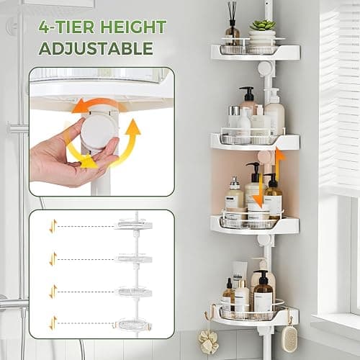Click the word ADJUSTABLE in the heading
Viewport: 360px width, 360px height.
96,48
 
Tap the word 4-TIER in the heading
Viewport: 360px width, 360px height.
66,27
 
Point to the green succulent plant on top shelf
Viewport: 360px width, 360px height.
263,24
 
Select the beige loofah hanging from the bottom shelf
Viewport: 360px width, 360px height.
208,341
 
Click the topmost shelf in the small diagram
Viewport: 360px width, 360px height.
133,224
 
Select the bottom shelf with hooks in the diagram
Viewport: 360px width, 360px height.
132,324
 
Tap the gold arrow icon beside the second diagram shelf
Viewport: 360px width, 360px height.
53,259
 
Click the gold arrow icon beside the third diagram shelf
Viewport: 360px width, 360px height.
53,292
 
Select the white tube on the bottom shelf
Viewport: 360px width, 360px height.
239,272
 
